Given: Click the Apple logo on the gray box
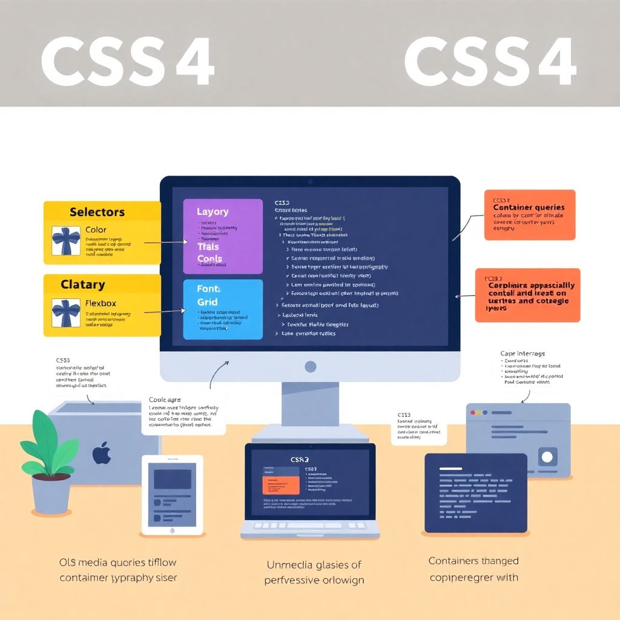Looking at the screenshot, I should point(102,453).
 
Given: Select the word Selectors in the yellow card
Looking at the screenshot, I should point(97,212).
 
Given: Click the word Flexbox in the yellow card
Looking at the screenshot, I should point(101,303).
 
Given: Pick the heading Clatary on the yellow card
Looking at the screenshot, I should point(83,285).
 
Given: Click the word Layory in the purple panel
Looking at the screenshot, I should point(213,212).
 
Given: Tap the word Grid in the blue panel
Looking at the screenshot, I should point(207,302).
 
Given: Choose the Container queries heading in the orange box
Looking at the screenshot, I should point(529,208).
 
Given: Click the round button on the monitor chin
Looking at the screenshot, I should point(310,366).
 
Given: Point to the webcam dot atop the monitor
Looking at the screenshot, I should point(310,182).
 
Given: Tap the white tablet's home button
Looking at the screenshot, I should point(172,530).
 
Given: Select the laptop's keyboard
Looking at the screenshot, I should point(310,526).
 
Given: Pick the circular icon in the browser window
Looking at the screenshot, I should point(548,457).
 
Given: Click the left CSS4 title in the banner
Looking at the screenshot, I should point(127,62).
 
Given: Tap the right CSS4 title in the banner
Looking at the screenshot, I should point(489,62).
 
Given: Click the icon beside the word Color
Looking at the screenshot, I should point(65,241).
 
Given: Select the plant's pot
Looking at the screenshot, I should point(51,493).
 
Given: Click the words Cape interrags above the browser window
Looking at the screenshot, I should point(523,353).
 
